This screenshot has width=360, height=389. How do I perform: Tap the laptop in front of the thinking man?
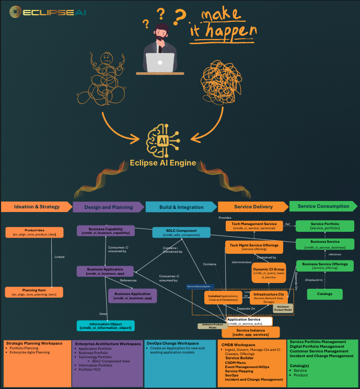click(x=160, y=62)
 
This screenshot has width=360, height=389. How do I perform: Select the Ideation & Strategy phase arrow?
click(x=36, y=207)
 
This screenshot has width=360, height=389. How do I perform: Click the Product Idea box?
click(x=34, y=232)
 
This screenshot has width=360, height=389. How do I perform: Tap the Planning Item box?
click(x=34, y=292)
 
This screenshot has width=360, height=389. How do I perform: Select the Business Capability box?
click(x=106, y=231)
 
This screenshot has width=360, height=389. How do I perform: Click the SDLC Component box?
click(x=181, y=232)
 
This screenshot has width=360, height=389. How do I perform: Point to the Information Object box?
click(x=106, y=326)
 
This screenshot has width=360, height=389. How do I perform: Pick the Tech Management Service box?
click(x=254, y=226)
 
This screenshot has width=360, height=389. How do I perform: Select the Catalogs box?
click(x=324, y=294)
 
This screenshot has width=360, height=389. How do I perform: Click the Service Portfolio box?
click(x=324, y=226)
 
